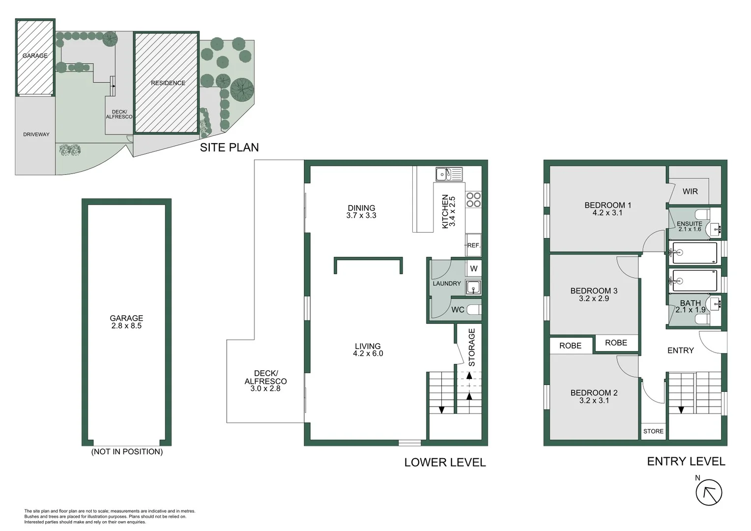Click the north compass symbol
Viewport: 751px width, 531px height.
[x=709, y=492]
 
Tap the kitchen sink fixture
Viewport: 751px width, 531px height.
[x=449, y=174]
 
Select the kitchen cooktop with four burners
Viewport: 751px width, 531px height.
[x=473, y=200]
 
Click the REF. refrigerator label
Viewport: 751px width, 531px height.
[x=473, y=245]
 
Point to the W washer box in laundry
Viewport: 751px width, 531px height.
[x=474, y=268]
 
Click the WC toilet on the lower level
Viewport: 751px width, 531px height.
[x=473, y=309]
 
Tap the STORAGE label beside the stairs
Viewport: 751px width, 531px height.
[x=472, y=347]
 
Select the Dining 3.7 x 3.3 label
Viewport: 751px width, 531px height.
[x=361, y=211]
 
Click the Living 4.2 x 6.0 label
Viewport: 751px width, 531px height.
[x=368, y=350]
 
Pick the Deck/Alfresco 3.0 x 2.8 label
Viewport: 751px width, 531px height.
[x=265, y=381]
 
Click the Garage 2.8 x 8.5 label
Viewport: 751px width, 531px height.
[x=126, y=322]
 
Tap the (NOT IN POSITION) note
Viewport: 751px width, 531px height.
[x=127, y=451]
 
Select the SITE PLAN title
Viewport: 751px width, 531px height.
[x=229, y=147]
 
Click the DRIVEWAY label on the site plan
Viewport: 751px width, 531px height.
[x=36, y=134]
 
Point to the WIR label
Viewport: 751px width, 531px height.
[x=690, y=191]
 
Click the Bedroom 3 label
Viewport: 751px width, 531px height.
[x=594, y=295]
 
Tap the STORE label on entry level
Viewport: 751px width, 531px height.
[x=653, y=431]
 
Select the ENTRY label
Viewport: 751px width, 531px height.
[x=680, y=350]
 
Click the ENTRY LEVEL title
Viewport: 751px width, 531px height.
[x=686, y=461]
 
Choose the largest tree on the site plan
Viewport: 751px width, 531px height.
[x=242, y=89]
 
